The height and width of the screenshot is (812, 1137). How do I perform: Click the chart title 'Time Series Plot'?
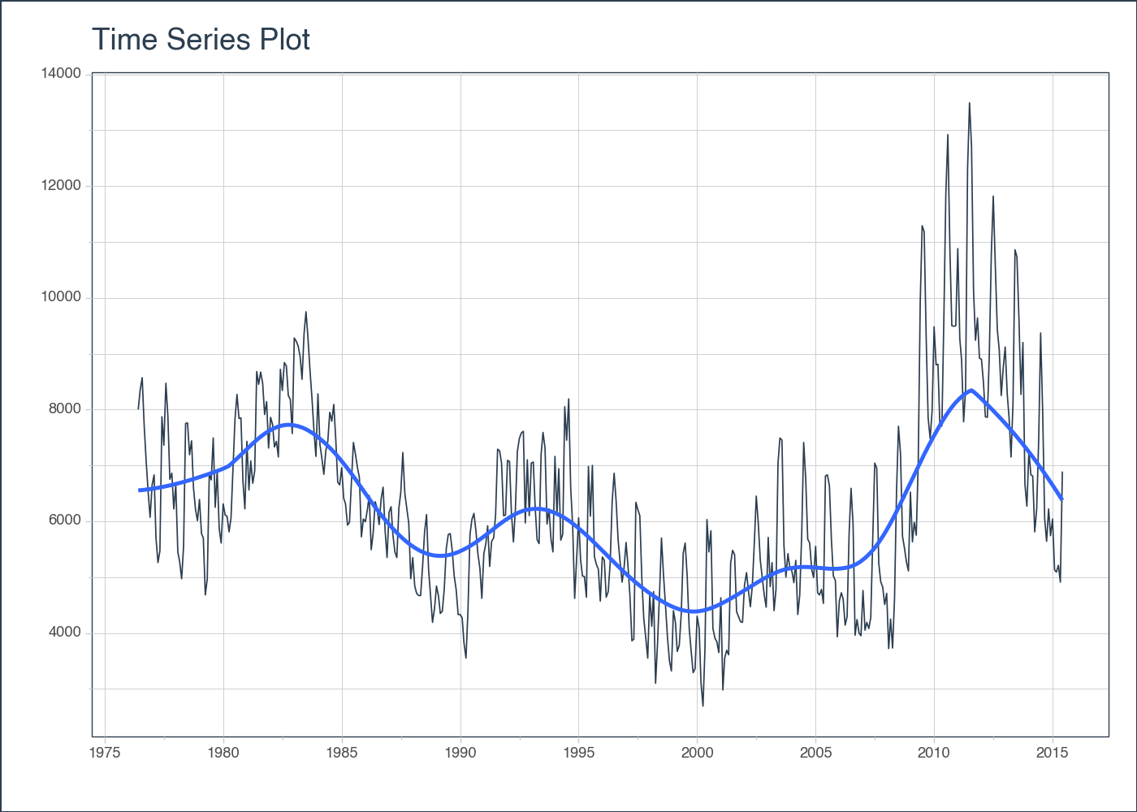pyautogui.click(x=201, y=39)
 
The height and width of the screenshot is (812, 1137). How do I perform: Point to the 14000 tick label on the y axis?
pyautogui.click(x=61, y=74)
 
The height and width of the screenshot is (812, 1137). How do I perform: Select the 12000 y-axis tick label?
pyautogui.click(x=61, y=186)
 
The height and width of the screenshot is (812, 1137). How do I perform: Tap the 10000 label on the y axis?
pyautogui.click(x=61, y=297)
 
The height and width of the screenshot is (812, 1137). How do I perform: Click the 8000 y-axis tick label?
pyautogui.click(x=64, y=409)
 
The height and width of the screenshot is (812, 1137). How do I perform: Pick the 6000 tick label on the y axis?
pyautogui.click(x=64, y=521)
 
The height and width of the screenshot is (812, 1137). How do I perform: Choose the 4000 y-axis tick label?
pyautogui.click(x=64, y=633)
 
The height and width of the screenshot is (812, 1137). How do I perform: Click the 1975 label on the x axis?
pyautogui.click(x=105, y=753)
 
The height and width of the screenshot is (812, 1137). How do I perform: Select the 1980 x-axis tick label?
pyautogui.click(x=223, y=753)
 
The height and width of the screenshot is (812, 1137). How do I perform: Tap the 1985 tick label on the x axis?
pyautogui.click(x=342, y=753)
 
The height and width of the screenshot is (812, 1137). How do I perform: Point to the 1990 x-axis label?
pyautogui.click(x=460, y=753)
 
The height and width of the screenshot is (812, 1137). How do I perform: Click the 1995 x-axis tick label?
pyautogui.click(x=578, y=753)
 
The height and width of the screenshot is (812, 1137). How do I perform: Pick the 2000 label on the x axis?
pyautogui.click(x=697, y=753)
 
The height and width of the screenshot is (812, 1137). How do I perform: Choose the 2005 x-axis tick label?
pyautogui.click(x=815, y=753)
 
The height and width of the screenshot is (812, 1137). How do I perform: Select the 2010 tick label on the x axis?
pyautogui.click(x=934, y=753)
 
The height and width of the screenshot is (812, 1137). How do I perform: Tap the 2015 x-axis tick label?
pyautogui.click(x=1053, y=753)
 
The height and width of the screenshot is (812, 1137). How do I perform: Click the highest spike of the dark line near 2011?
pyautogui.click(x=969, y=103)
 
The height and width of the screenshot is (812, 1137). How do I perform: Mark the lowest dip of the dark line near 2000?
pyautogui.click(x=703, y=706)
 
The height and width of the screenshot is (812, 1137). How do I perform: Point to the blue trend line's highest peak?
pyautogui.click(x=971, y=391)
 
